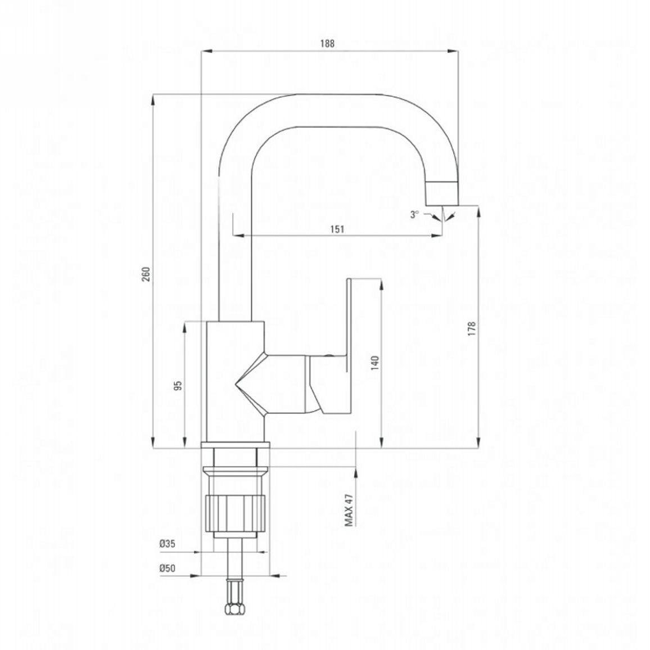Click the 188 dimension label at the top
pyautogui.click(x=327, y=43)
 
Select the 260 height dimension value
pyautogui.click(x=146, y=274)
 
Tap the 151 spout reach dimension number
pyautogui.click(x=338, y=229)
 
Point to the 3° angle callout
pyautogui.click(x=415, y=214)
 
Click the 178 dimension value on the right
pyautogui.click(x=472, y=328)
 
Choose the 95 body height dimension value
pyautogui.click(x=178, y=386)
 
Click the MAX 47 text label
pyautogui.click(x=349, y=510)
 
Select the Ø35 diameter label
pyautogui.click(x=168, y=544)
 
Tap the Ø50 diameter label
pyautogui.click(x=168, y=568)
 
